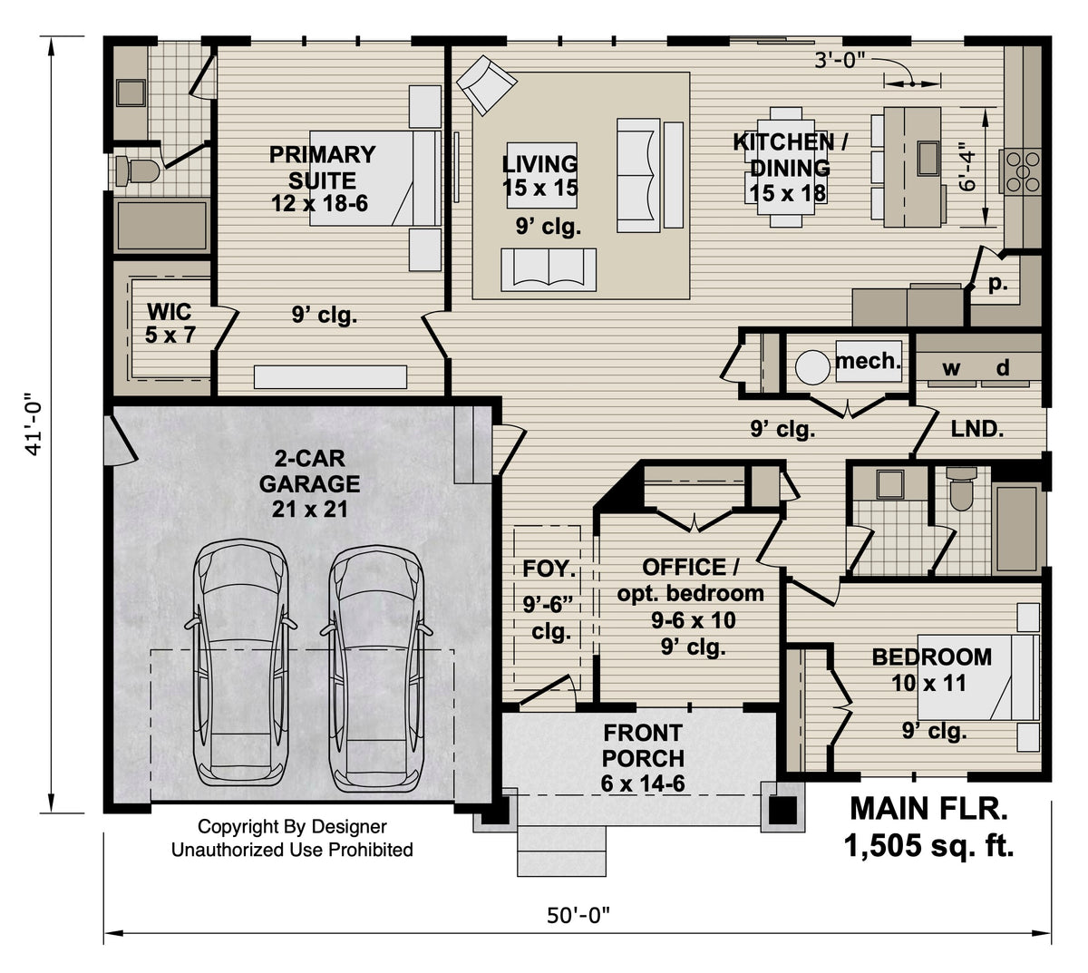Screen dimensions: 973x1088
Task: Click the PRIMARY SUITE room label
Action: tap(321, 179)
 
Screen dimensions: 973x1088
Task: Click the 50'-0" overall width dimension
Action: tap(578, 916)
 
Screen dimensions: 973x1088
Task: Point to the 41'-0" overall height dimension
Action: tap(34, 423)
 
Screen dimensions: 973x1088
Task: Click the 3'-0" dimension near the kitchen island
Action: tap(840, 61)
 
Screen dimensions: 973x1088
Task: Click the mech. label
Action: tap(868, 361)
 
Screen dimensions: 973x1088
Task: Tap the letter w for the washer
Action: tap(950, 368)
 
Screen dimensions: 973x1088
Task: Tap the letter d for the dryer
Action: tap(1003, 368)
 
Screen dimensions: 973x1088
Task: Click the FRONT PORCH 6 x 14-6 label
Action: tap(642, 757)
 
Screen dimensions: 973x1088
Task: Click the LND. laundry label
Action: tap(976, 429)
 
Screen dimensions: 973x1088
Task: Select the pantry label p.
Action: tap(997, 283)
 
